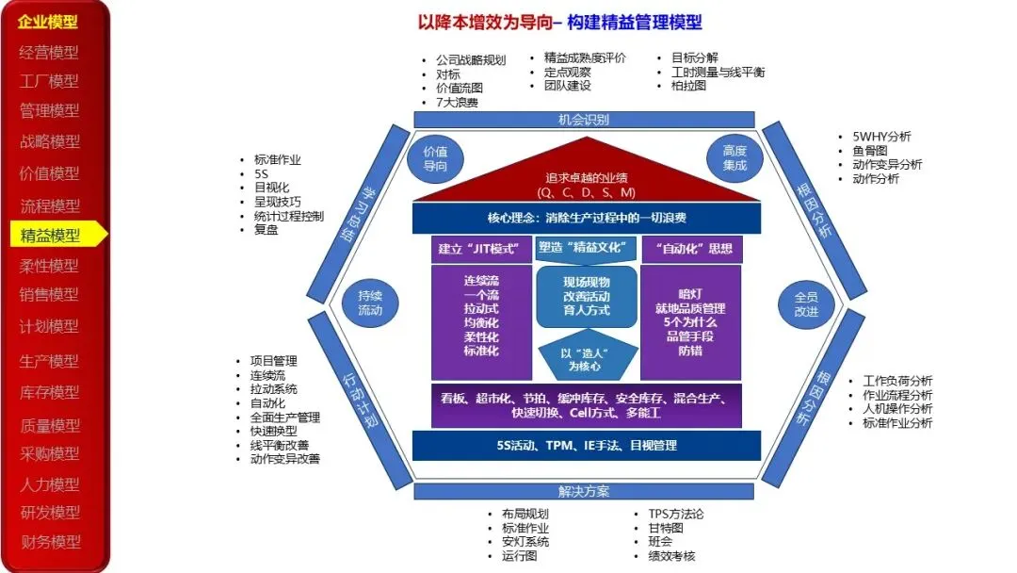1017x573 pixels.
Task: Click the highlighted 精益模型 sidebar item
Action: point(51,236)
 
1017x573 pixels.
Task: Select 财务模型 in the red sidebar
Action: point(51,542)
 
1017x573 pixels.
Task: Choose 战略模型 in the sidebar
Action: point(51,141)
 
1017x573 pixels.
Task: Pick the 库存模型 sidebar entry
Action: point(51,392)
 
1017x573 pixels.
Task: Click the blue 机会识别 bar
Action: point(584,120)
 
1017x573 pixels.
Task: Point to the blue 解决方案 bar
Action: point(584,491)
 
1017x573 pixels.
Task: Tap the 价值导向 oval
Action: point(435,158)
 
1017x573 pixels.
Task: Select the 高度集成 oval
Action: point(734,158)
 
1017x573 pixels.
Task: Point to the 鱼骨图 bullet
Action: point(869,150)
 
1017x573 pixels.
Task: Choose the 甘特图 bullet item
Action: point(660,528)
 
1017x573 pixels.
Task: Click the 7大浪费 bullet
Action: point(456,102)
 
